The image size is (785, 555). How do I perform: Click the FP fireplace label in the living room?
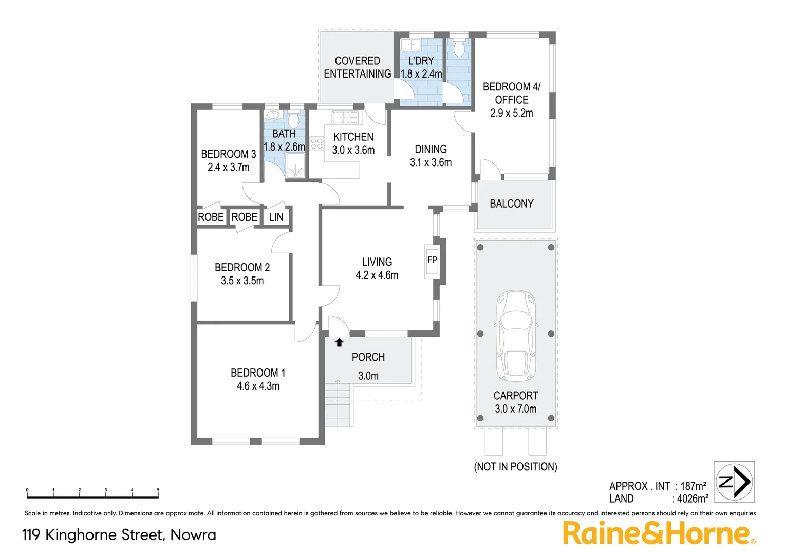pos(432,260)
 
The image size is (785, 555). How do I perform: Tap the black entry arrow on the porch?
pos(339,342)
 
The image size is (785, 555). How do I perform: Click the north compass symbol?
pos(735,482)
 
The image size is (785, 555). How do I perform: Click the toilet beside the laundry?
pos(459,47)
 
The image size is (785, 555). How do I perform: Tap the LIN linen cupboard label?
pos(276,217)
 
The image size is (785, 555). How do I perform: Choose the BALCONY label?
pos(512,204)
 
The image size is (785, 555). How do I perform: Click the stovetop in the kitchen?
pos(317,143)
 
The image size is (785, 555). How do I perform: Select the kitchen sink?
pos(345,117)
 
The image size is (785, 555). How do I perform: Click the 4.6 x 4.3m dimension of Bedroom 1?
pos(258,386)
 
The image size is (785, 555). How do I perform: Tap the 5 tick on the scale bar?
pos(158,491)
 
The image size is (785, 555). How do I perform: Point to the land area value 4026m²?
pos(693,498)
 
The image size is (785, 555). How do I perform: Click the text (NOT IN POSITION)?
pos(515,467)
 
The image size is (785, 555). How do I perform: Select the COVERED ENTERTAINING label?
pos(357,67)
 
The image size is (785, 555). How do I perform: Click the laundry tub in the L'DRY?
pos(411,45)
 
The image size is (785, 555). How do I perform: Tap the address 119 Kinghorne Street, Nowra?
pos(119,535)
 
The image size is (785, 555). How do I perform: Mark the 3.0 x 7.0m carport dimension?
pos(516,409)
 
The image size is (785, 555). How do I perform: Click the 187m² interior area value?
pos(693,486)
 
